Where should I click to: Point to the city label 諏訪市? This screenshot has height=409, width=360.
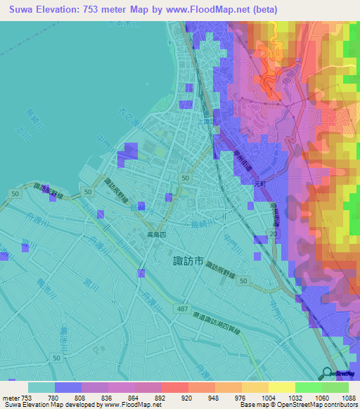pos(188,261)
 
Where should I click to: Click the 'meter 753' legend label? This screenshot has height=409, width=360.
pos(13,398)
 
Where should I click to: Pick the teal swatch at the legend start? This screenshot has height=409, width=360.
pos(41,387)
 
